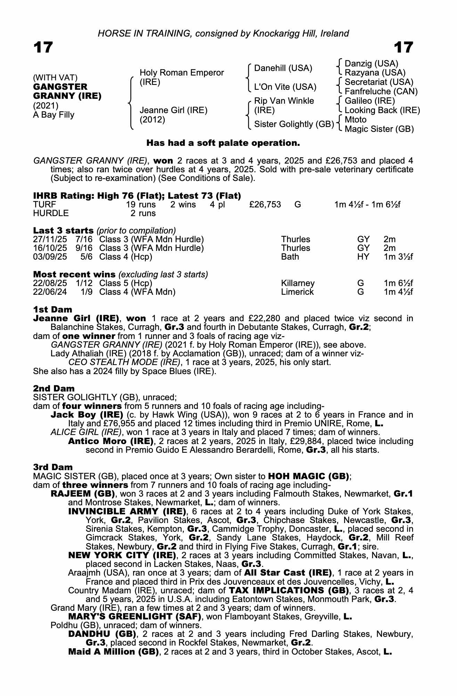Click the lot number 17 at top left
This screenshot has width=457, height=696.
(x=43, y=47)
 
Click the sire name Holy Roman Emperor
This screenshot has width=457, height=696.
(x=181, y=73)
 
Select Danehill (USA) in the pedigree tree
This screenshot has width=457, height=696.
(x=283, y=68)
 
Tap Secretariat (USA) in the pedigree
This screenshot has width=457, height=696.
(x=379, y=82)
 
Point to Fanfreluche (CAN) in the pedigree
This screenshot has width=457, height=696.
(x=381, y=92)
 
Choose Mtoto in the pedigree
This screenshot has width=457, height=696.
(x=356, y=120)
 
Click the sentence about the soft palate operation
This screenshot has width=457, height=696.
(x=223, y=143)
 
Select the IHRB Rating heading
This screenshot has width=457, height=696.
(x=137, y=196)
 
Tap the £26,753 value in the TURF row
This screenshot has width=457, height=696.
(x=265, y=205)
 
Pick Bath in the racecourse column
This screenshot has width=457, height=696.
(x=290, y=257)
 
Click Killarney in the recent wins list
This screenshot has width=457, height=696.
(x=298, y=283)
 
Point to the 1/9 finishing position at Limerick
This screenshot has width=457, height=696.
(x=87, y=292)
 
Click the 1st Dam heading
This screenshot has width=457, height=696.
(x=52, y=309)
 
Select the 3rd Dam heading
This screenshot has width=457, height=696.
(x=53, y=467)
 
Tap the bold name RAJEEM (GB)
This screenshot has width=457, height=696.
(x=83, y=494)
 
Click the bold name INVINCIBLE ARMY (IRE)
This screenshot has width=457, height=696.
(x=127, y=512)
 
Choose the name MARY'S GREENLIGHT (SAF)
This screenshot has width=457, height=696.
(x=135, y=617)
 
